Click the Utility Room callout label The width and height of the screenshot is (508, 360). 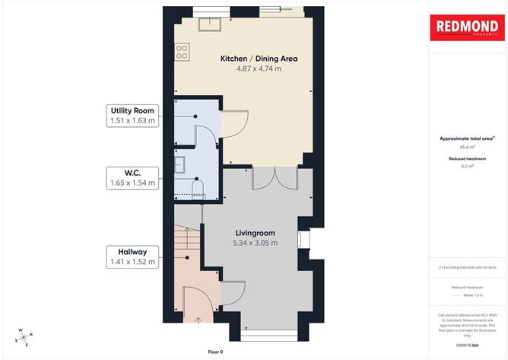pos(132,111)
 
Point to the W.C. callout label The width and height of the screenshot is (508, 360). pos(132,172)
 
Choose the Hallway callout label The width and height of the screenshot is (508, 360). pos(132,251)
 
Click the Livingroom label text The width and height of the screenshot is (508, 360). pos(255,233)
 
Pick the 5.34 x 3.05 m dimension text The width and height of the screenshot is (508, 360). pos(255,244)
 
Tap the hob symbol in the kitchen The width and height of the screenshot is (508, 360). pos(183,52)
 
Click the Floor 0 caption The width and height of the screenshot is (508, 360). pos(216,352)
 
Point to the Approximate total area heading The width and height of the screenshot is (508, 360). pos(466,139)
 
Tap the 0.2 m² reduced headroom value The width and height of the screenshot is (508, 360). pos(466,166)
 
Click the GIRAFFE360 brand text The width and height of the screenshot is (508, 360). pos(466,346)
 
